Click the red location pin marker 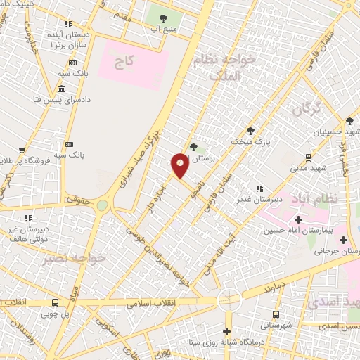click(x=180, y=165)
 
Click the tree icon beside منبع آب click(x=164, y=18)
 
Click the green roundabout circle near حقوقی click(x=103, y=205)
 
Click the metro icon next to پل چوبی click(x=56, y=303)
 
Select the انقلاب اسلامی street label click(x=151, y=304)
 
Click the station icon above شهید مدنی click(x=307, y=157)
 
